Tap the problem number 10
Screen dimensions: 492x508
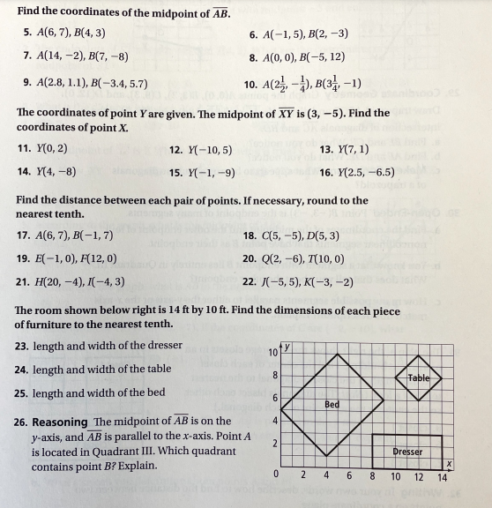click(249, 85)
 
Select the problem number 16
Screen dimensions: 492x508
click(324, 172)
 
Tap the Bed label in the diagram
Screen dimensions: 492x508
click(332, 404)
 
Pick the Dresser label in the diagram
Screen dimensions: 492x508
click(407, 452)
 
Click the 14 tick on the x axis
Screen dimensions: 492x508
click(442, 479)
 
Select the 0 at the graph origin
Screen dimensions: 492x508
click(276, 477)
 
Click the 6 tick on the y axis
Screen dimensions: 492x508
click(276, 398)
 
